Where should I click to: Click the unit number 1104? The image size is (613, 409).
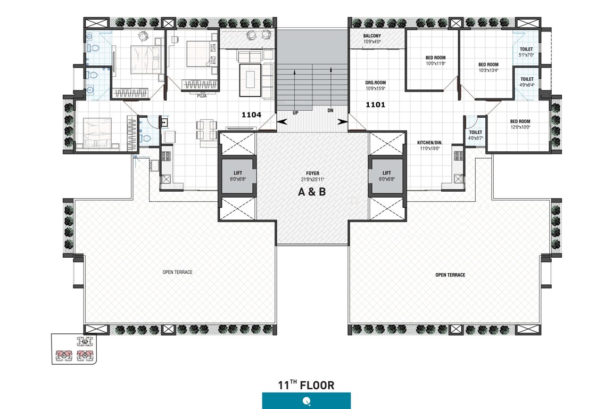click(252, 114)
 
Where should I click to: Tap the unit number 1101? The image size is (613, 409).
click(375, 105)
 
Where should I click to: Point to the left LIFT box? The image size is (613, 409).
click(237, 176)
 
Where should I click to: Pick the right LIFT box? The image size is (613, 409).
click(386, 176)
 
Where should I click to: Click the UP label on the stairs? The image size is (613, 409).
click(295, 113)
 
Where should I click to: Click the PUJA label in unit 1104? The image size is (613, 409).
click(202, 96)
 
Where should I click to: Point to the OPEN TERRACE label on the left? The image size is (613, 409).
click(177, 272)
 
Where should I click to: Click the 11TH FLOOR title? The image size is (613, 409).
click(306, 385)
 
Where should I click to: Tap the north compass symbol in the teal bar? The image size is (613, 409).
click(306, 401)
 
